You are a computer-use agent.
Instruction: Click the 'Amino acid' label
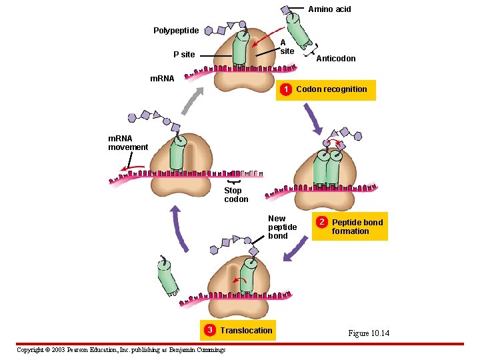click(329, 9)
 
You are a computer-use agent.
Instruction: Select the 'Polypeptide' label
click(176, 31)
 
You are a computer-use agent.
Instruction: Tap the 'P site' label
click(184, 55)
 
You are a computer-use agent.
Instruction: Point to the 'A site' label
click(287, 47)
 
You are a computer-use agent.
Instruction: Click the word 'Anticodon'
click(335, 59)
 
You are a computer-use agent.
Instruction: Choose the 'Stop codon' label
click(235, 195)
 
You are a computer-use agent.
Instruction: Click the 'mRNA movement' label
click(128, 143)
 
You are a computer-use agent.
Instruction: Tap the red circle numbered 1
click(285, 89)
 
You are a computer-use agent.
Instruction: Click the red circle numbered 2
click(321, 222)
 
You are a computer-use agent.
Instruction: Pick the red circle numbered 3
click(209, 331)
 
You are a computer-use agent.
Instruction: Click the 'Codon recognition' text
click(331, 89)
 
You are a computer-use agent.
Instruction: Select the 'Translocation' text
click(246, 331)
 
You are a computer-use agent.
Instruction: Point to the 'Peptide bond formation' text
click(357, 227)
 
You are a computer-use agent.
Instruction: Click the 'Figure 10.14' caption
click(368, 333)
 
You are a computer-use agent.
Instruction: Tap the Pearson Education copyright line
click(121, 350)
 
